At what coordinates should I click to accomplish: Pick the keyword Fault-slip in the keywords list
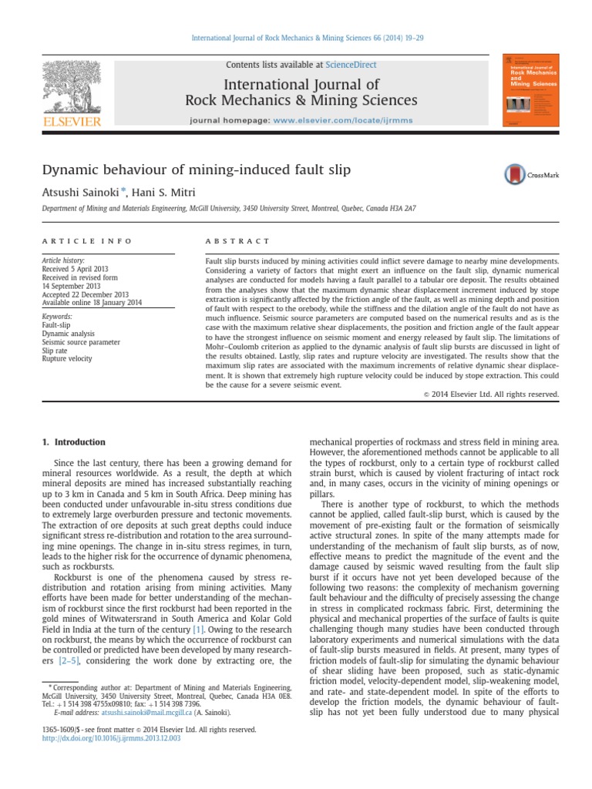click(x=55, y=325)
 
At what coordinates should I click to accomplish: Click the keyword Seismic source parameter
click(x=80, y=341)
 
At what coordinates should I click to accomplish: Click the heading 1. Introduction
click(x=74, y=442)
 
